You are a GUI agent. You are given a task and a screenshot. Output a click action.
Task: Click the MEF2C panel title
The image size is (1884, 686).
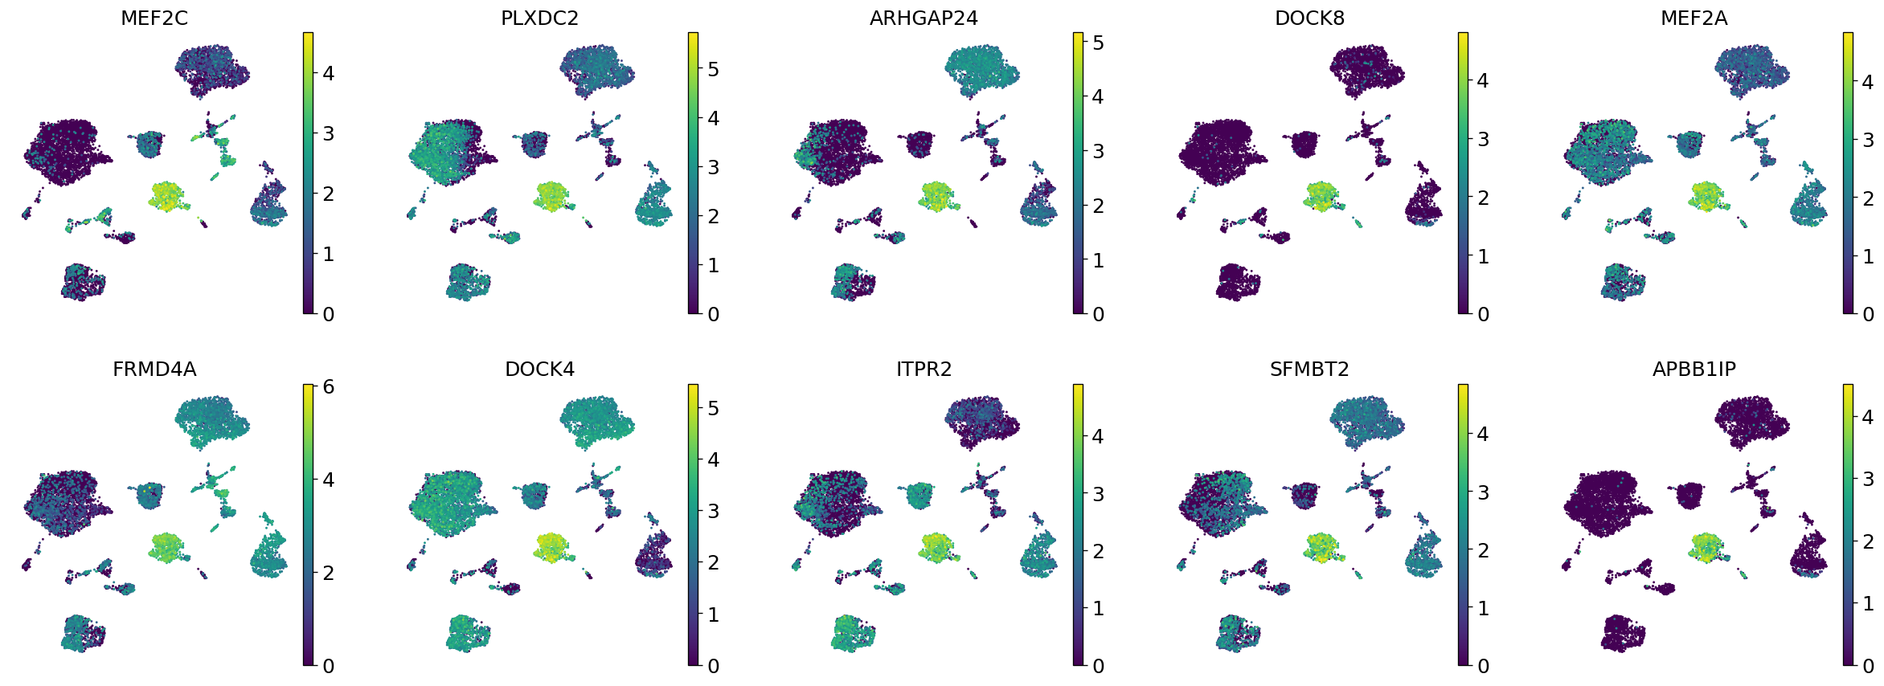[154, 18]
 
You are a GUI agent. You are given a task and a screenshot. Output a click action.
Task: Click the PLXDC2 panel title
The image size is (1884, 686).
[539, 18]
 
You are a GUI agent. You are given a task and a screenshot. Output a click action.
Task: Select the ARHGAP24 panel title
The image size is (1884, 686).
[924, 18]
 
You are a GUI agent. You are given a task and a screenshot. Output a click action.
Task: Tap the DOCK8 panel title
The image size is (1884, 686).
[1309, 18]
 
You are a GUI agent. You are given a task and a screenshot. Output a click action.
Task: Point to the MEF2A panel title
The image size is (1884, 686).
[1694, 18]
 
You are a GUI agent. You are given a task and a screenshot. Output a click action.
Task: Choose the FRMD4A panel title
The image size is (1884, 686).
[154, 370]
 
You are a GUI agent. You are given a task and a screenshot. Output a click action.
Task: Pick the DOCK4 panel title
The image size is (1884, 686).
[539, 370]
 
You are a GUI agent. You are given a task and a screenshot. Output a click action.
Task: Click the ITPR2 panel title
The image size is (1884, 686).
[924, 370]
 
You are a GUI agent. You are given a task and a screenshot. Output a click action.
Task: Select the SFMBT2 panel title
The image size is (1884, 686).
[1309, 370]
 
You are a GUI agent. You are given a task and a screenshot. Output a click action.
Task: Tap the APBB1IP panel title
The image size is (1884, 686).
[1694, 370]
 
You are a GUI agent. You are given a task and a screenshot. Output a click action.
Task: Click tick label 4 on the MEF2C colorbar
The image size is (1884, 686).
[328, 73]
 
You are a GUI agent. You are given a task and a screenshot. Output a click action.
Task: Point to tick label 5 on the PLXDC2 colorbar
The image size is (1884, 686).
[713, 69]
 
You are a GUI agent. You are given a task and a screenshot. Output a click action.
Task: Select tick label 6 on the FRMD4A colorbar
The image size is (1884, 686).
[328, 387]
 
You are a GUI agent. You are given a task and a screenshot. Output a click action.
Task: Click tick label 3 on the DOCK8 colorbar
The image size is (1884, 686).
[1483, 140]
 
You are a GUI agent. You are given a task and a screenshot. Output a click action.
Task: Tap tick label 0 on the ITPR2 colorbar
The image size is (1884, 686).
[1098, 666]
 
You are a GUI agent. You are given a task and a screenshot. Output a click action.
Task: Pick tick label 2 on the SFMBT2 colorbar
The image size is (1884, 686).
[1483, 551]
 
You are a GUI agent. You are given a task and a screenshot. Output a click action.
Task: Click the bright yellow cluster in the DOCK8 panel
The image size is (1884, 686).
[1321, 195]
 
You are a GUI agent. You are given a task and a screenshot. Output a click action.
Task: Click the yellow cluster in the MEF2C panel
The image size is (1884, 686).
[166, 195]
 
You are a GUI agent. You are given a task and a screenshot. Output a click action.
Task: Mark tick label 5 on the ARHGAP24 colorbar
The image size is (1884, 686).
[1098, 43]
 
